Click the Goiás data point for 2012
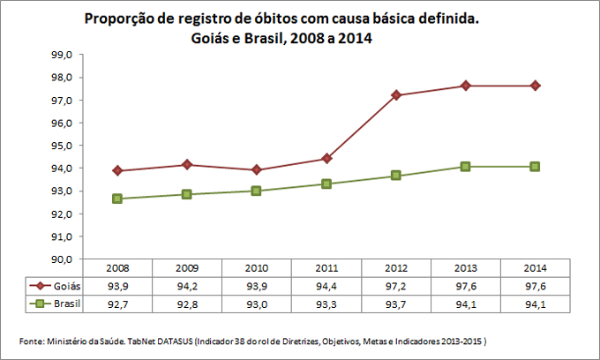[396, 95]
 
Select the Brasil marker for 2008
[117, 199]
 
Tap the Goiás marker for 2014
[536, 86]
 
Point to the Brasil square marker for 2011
[326, 184]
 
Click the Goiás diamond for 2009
[187, 165]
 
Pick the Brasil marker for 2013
[466, 167]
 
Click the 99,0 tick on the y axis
[64, 55]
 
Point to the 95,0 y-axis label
[64, 146]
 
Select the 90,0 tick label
[64, 259]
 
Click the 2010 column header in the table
[257, 267]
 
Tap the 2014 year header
[536, 267]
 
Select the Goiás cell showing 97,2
[396, 286]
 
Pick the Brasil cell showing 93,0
[257, 304]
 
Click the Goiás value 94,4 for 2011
[326, 286]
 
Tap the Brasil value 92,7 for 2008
[117, 304]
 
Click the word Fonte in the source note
[32, 341]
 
